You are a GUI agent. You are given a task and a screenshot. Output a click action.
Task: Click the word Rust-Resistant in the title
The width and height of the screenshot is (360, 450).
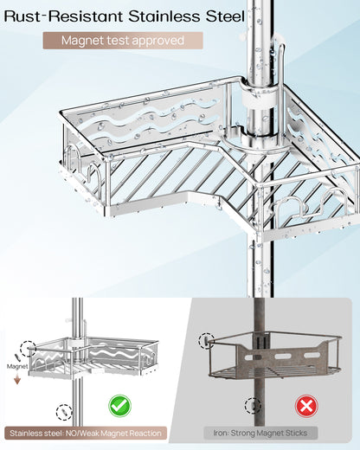(65, 15)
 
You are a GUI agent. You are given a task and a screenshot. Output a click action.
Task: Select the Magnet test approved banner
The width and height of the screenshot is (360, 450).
(123, 40)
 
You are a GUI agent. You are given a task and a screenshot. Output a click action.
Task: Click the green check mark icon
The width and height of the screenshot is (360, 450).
(119, 405)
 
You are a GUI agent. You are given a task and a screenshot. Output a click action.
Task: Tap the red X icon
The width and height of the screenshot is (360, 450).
(305, 406)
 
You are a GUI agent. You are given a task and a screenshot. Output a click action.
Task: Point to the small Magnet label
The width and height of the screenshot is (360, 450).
(18, 366)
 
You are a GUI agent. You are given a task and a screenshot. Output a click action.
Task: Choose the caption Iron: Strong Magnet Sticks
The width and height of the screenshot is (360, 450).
(261, 432)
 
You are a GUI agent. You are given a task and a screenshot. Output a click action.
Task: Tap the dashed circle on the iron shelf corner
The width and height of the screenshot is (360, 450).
(207, 340)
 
